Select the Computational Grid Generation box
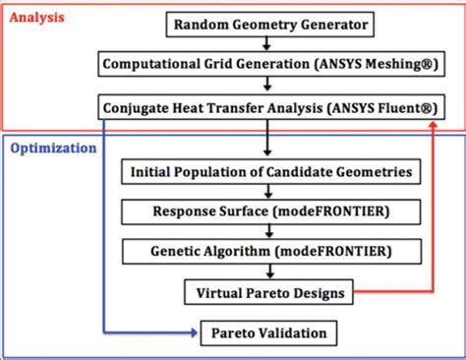pyautogui.click(x=266, y=64)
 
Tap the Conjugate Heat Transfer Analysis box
pyautogui.click(x=266, y=105)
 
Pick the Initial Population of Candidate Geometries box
pyautogui.click(x=266, y=173)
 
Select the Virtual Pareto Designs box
pyautogui.click(x=267, y=291)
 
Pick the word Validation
pyautogui.click(x=293, y=331)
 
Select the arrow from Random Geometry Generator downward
pyautogui.click(x=266, y=43)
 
